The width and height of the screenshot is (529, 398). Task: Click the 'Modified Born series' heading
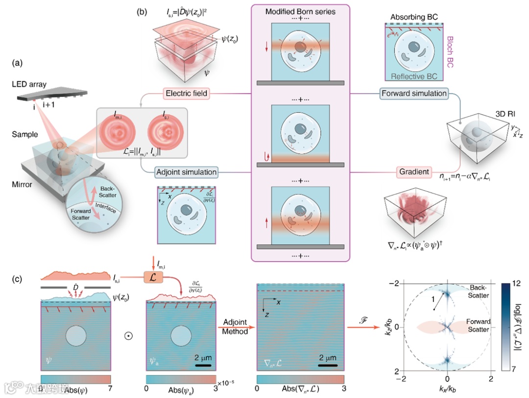coord(301,11)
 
